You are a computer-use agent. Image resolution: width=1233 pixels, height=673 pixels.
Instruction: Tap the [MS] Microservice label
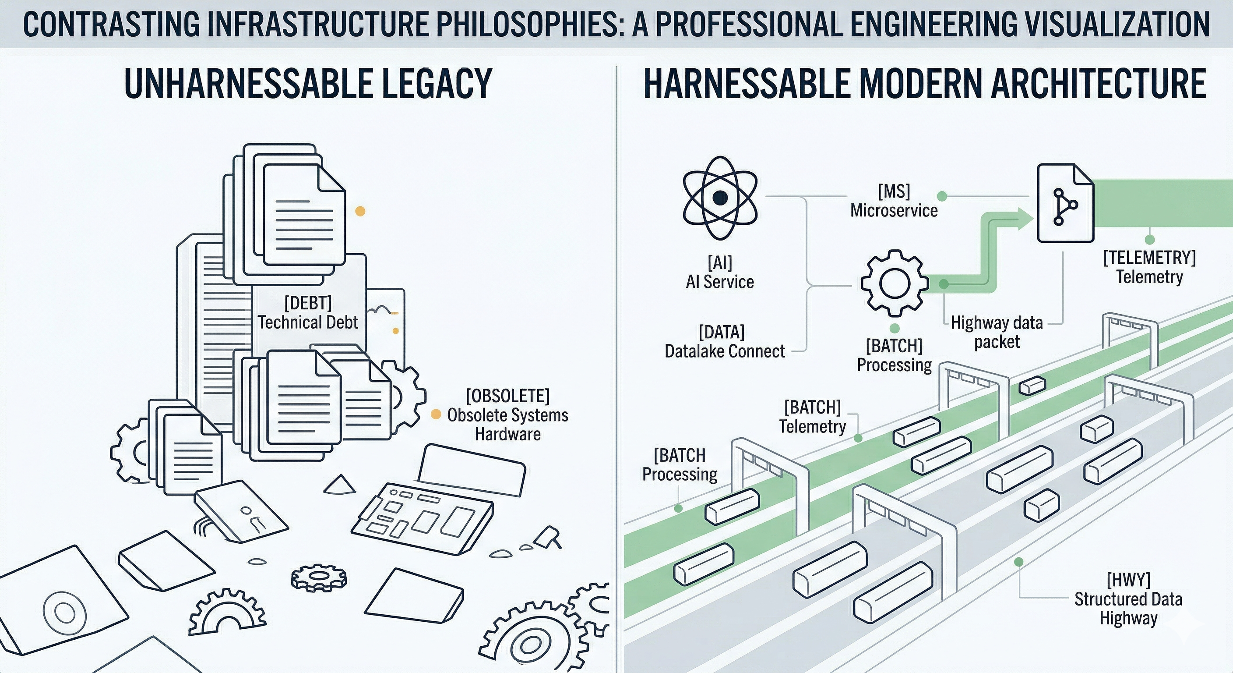(x=894, y=202)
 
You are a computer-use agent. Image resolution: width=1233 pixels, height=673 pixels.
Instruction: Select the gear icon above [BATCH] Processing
(x=891, y=283)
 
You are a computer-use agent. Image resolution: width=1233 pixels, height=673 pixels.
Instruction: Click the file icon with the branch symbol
(x=1065, y=203)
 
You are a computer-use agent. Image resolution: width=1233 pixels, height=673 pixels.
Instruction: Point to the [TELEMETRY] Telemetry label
(x=1149, y=267)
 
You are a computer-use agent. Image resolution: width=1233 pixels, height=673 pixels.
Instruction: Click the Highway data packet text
(x=997, y=333)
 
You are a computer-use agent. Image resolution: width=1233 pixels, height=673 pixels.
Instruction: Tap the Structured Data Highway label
(x=1128, y=599)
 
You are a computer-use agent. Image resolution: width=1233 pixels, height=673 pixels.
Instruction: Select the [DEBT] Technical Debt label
(x=308, y=313)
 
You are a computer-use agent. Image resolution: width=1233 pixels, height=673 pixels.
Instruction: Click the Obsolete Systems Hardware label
(x=508, y=415)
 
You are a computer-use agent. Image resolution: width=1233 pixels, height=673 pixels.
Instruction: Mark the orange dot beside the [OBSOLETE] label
(x=436, y=415)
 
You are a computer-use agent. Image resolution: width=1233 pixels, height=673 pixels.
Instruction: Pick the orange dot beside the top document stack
(x=360, y=211)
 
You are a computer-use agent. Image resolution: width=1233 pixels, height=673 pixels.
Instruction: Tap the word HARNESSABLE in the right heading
(x=747, y=84)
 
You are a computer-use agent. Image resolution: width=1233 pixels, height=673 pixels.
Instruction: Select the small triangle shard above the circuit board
(x=339, y=485)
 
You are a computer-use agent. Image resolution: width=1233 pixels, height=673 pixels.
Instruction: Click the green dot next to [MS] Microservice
(x=942, y=196)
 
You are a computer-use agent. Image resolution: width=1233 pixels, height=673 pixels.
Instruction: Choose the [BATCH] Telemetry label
(x=812, y=417)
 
